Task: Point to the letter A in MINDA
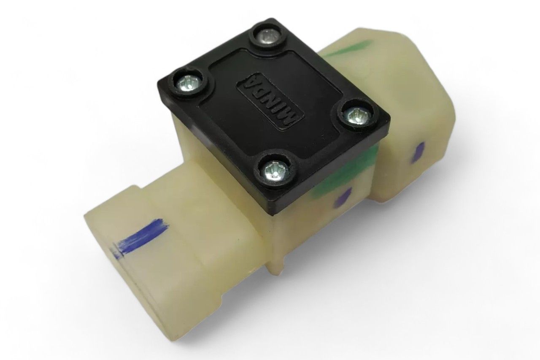[x=248, y=81]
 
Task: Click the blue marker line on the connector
[x=139, y=237]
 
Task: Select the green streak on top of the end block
[x=350, y=49]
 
